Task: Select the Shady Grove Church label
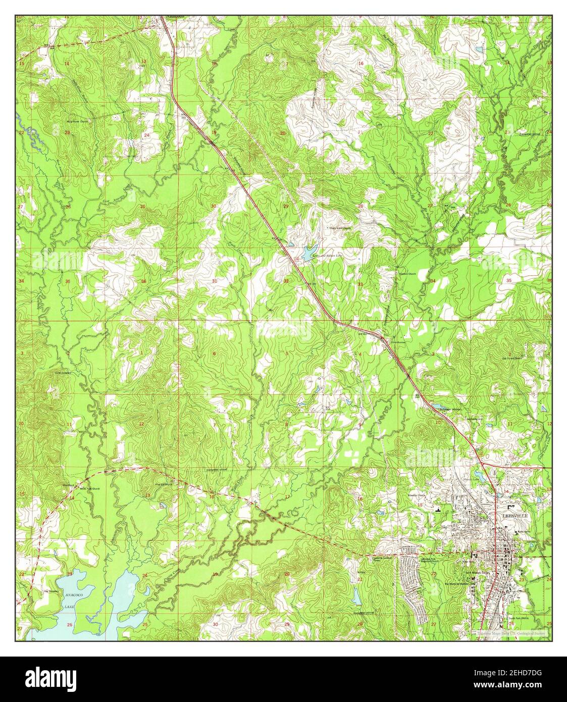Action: tap(340, 227)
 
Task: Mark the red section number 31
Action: tap(215, 281)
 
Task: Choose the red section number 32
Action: tap(286, 281)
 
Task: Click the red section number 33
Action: tap(360, 285)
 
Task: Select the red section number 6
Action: tap(214, 354)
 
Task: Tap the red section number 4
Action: tap(360, 354)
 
